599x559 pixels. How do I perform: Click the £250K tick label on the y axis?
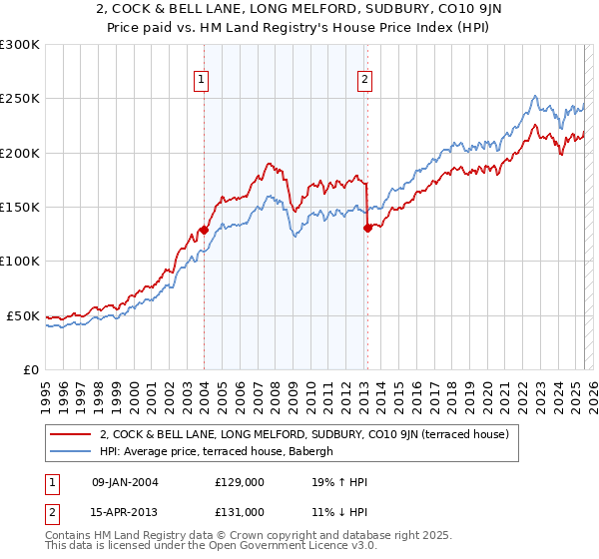click(x=20, y=99)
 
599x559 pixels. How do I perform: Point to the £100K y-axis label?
click(x=20, y=261)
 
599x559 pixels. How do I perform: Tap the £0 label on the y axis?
click(x=30, y=369)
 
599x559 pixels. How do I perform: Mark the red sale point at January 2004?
click(x=204, y=230)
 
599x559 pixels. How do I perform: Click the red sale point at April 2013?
click(x=367, y=228)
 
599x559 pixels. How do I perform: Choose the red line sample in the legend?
click(x=71, y=434)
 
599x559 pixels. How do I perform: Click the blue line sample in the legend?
click(x=71, y=451)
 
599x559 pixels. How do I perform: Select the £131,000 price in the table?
click(x=239, y=511)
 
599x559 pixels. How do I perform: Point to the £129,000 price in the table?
click(x=239, y=482)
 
